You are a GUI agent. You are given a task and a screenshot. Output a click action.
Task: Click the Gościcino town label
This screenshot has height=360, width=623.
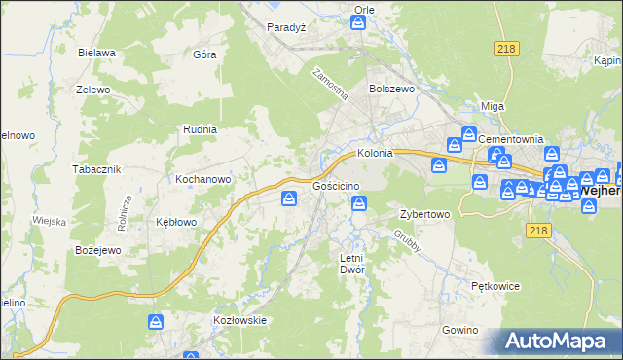coord(337,186)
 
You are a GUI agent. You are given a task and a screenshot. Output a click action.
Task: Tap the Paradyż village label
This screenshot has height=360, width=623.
coord(286,27)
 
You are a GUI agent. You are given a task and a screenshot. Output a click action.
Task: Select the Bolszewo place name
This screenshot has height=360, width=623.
coord(391,88)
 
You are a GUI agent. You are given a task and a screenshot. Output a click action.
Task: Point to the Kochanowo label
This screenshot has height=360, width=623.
coord(202,180)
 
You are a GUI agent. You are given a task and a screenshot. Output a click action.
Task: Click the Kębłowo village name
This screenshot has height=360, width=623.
coord(176,222)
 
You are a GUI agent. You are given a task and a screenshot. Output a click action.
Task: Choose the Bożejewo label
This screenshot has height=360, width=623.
coord(98,250)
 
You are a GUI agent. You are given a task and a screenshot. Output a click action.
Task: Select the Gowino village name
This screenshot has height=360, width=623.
coord(459,331)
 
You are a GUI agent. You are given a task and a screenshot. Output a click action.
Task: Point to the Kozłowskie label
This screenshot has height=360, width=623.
coord(239,320)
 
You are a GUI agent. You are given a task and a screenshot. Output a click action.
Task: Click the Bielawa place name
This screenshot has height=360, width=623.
coord(98,53)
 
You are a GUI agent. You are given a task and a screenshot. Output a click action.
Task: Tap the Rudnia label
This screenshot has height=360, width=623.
coord(200,128)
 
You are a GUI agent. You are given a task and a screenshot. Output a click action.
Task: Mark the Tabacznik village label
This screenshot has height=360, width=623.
coord(95,169)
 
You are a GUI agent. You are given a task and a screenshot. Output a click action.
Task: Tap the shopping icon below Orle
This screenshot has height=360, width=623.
coord(358,25)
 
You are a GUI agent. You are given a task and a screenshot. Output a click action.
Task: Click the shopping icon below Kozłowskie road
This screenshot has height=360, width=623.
coord(155,321)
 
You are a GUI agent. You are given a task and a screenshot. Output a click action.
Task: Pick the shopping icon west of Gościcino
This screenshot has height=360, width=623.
coord(289,199)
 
